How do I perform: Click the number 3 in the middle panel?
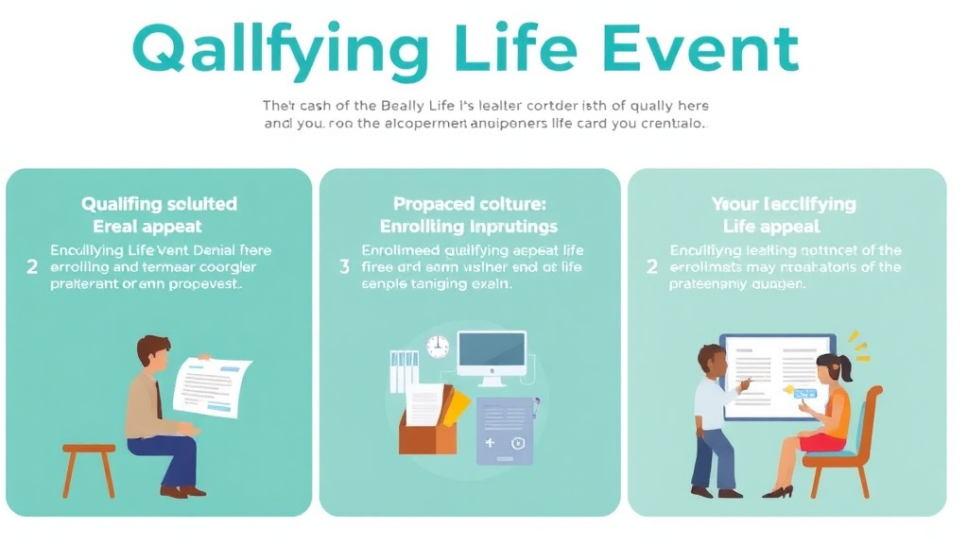click(344, 267)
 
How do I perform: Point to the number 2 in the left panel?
click(32, 267)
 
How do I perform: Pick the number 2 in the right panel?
click(651, 267)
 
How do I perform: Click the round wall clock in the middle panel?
click(438, 346)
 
